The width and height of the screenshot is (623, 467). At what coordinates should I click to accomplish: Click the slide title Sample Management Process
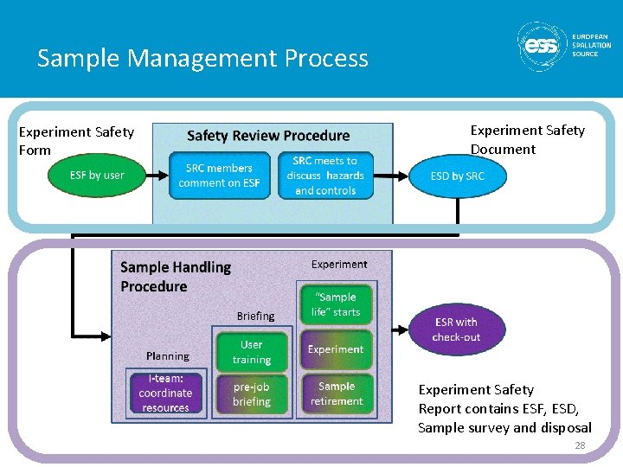pos(202,59)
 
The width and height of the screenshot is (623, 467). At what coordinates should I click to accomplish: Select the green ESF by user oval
pos(97,176)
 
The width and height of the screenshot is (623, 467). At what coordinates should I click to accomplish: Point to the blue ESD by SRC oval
pos(458,176)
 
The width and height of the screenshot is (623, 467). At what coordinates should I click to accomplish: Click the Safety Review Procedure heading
pos(268,136)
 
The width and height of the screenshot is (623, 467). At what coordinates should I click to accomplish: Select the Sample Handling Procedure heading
pos(176,277)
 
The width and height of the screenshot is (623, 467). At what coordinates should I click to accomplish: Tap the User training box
pos(252,352)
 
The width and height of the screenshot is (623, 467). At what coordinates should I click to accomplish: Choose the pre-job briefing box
pos(252,394)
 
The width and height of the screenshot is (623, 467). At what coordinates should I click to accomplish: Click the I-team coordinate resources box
pos(165,393)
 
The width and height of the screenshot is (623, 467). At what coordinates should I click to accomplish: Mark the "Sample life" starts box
pos(336,304)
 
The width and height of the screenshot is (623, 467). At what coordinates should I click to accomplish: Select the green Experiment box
pos(336,349)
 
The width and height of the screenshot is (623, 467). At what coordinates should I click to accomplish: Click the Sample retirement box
pos(336,393)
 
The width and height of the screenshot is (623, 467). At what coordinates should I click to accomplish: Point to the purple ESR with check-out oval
pos(456,329)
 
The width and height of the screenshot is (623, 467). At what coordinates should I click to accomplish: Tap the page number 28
pos(580,445)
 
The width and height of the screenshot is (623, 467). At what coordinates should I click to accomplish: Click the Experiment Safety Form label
pos(76,141)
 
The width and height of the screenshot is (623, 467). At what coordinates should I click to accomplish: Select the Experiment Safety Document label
pos(527,139)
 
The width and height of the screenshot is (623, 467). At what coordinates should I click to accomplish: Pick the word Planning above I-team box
pos(168,356)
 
